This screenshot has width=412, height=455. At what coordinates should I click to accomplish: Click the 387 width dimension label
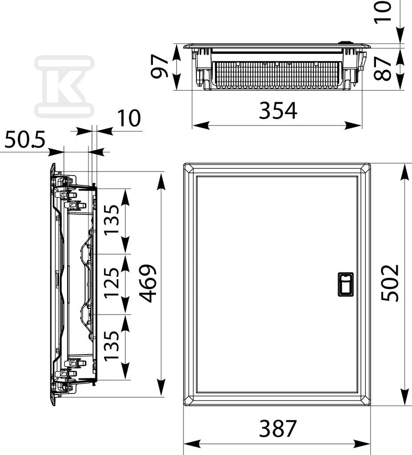point(278,428)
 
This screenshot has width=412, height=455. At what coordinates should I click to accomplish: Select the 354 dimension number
point(278,110)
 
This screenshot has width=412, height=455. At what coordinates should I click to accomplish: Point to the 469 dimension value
point(148,283)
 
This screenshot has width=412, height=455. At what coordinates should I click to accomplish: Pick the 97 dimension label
point(160,67)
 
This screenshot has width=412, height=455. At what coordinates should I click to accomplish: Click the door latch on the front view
point(345,284)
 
